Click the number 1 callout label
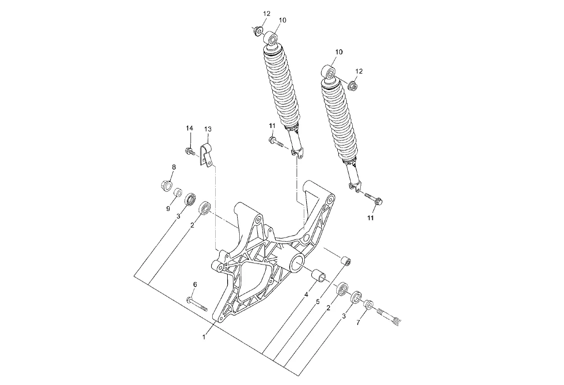(204, 337)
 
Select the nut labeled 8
(167, 185)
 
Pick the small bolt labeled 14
(190, 151)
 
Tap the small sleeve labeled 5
(346, 260)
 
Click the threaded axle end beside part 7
(388, 314)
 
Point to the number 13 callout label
(208, 129)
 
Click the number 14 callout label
(190, 128)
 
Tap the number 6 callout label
(195, 284)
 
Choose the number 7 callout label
(358, 322)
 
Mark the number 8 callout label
(174, 167)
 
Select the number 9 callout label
(168, 208)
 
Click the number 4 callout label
(306, 294)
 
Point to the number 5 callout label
(318, 302)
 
